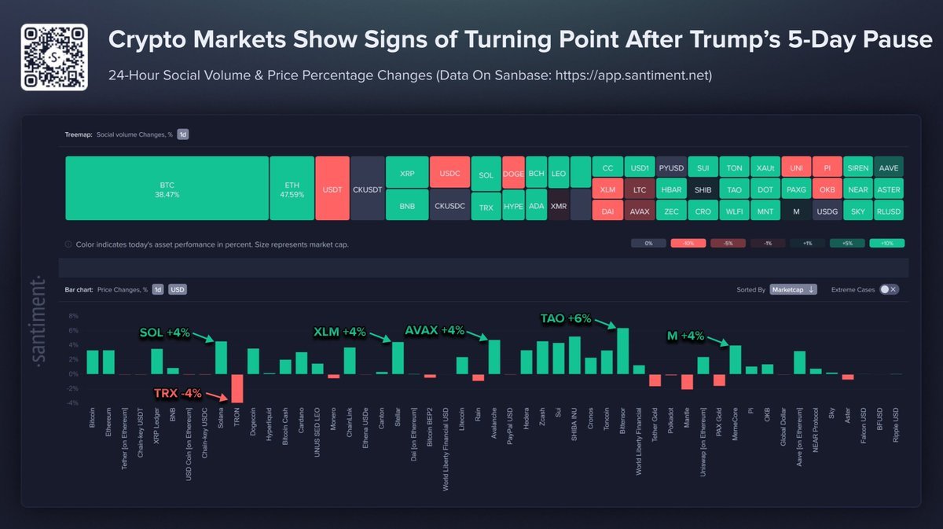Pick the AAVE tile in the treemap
888,167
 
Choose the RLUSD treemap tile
888,210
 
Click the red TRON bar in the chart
237,388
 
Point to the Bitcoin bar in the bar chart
92,362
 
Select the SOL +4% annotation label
165,332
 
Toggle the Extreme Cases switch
888,289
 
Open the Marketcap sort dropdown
793,289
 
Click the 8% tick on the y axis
74,316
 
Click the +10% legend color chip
886,244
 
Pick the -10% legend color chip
688,244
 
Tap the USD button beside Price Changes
178,289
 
